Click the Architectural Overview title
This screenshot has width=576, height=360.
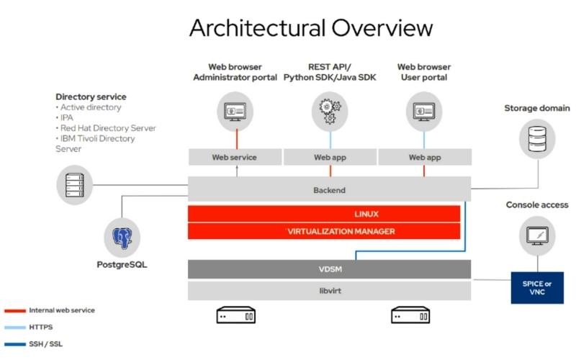coord(310,28)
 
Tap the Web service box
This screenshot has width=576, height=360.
coord(234,157)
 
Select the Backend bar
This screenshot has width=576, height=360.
coord(329,190)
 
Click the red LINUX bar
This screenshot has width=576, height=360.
coord(324,214)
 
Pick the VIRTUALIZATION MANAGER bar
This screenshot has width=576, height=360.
coord(324,231)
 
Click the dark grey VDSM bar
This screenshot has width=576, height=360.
coord(329,269)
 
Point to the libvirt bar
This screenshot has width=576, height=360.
coord(329,291)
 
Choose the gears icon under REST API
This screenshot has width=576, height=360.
coord(329,112)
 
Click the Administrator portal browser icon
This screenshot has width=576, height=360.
coord(235,112)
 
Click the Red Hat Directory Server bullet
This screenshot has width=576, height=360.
coord(107,128)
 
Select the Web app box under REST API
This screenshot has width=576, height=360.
coord(330,157)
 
